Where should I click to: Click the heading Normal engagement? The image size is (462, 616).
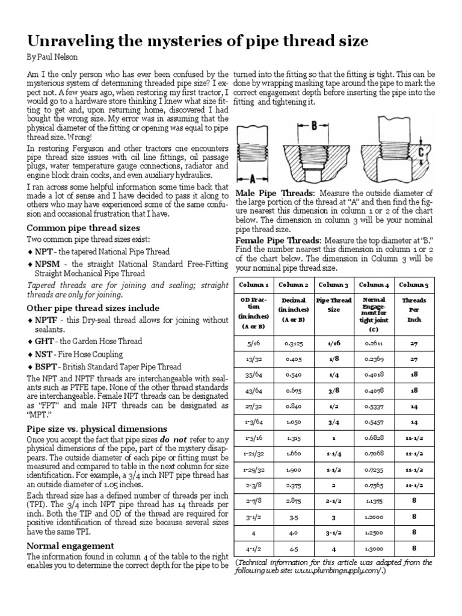tap(70, 545)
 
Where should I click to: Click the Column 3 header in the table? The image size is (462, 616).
tap(333, 284)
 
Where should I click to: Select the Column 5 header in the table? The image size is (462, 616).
tap(414, 284)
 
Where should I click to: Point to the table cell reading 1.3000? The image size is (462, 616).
tap(374, 549)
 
